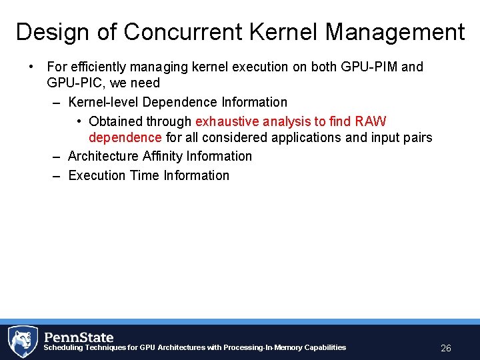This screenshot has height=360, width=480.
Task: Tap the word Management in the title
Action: [393, 32]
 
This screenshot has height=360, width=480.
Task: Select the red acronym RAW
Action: [371, 121]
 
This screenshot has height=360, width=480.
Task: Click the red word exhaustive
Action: [227, 121]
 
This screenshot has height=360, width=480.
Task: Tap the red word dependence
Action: [125, 137]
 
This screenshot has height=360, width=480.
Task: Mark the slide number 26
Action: [446, 348]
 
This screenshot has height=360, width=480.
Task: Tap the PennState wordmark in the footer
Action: [79, 337]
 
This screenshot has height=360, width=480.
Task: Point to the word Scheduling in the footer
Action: [63, 347]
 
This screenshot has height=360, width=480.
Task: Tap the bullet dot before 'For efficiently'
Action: [31, 67]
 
